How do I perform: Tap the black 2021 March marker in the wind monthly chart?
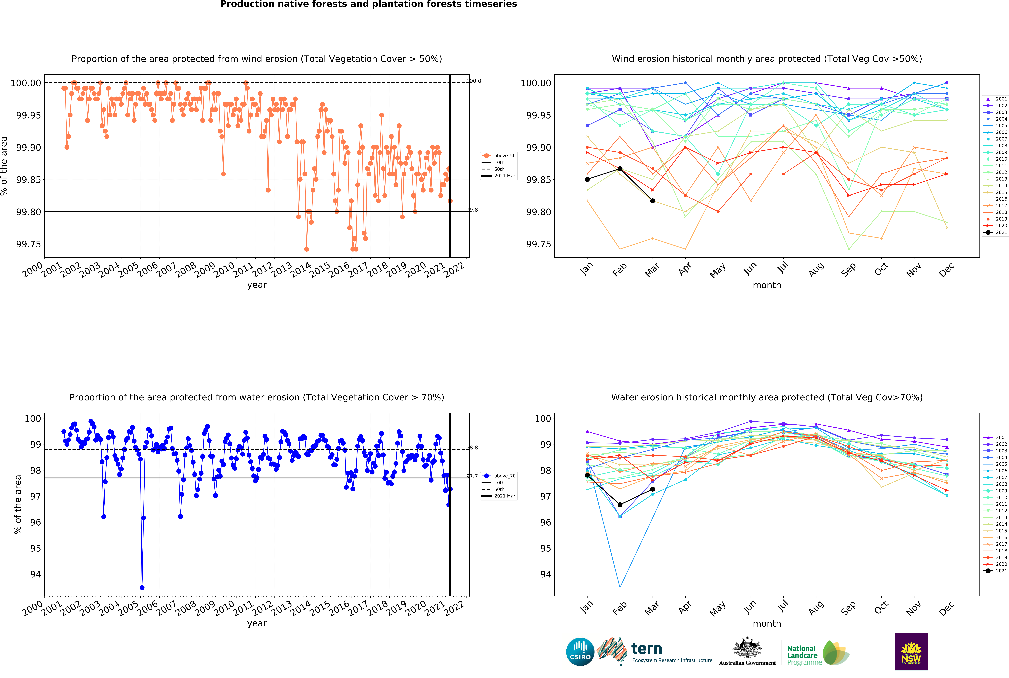pyautogui.click(x=653, y=201)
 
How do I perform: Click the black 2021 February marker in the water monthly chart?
pyautogui.click(x=620, y=505)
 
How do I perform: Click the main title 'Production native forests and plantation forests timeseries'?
pyautogui.click(x=369, y=4)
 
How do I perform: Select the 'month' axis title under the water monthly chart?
pyautogui.click(x=767, y=624)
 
